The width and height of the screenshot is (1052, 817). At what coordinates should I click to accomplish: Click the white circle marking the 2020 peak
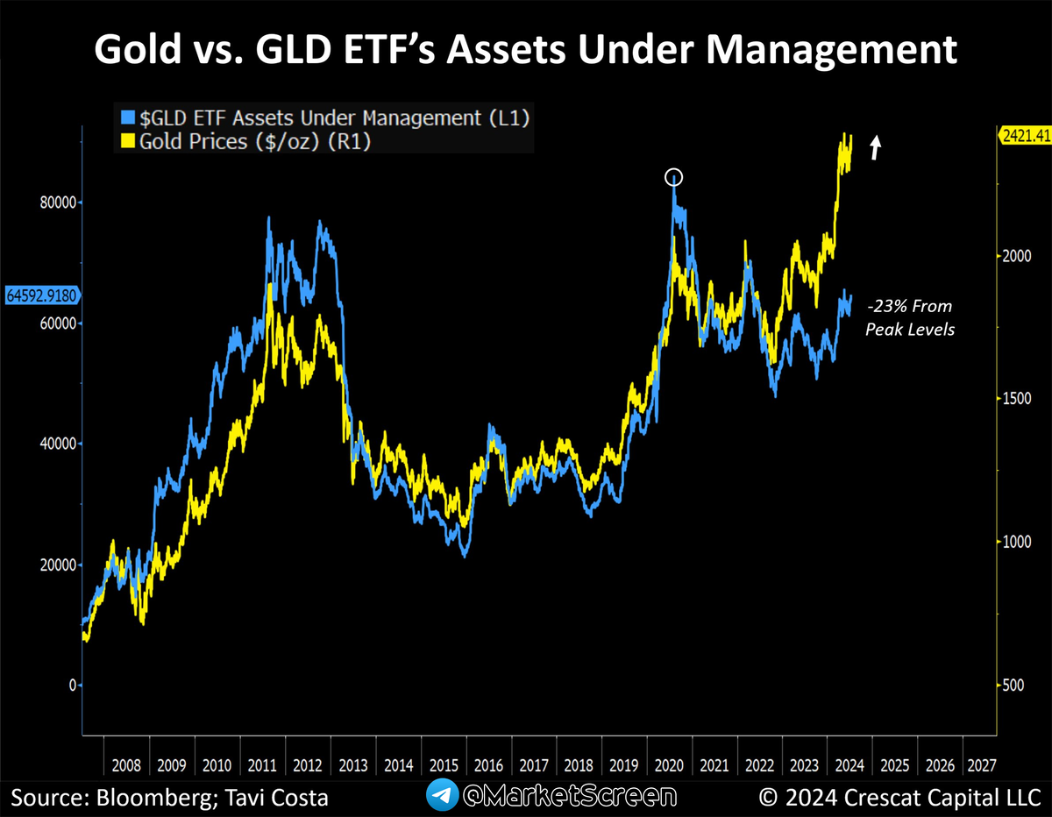coord(673,178)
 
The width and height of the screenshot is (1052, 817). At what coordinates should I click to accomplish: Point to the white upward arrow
coord(875,147)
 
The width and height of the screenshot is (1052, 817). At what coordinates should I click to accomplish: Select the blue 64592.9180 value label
coord(40,295)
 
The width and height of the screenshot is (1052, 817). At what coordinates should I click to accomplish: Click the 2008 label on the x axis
coord(126,765)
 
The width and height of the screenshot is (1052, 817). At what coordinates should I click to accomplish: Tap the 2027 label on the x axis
coord(980,765)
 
